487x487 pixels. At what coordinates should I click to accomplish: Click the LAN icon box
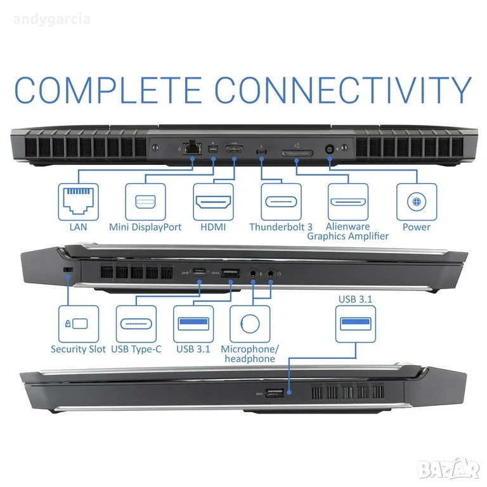tap(77, 202)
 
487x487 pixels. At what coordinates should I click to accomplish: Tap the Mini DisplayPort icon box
tap(145, 202)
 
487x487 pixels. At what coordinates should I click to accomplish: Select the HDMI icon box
tap(213, 202)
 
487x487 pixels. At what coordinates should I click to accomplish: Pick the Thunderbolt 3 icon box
tap(281, 202)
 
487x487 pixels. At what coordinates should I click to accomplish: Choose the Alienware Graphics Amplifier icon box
tap(348, 202)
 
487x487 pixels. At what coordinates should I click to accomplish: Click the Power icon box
tap(417, 202)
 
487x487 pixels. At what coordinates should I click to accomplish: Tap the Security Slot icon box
tap(79, 324)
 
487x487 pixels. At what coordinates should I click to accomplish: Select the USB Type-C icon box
tap(136, 324)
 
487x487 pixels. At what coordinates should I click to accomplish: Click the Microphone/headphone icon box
tap(250, 324)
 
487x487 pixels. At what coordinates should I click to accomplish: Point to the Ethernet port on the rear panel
tap(190, 148)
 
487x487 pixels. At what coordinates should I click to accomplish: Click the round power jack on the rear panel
tap(330, 149)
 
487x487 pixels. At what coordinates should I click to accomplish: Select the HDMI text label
tap(213, 227)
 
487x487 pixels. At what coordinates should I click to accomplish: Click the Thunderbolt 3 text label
tap(281, 227)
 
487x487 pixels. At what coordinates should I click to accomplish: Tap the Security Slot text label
tap(78, 349)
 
